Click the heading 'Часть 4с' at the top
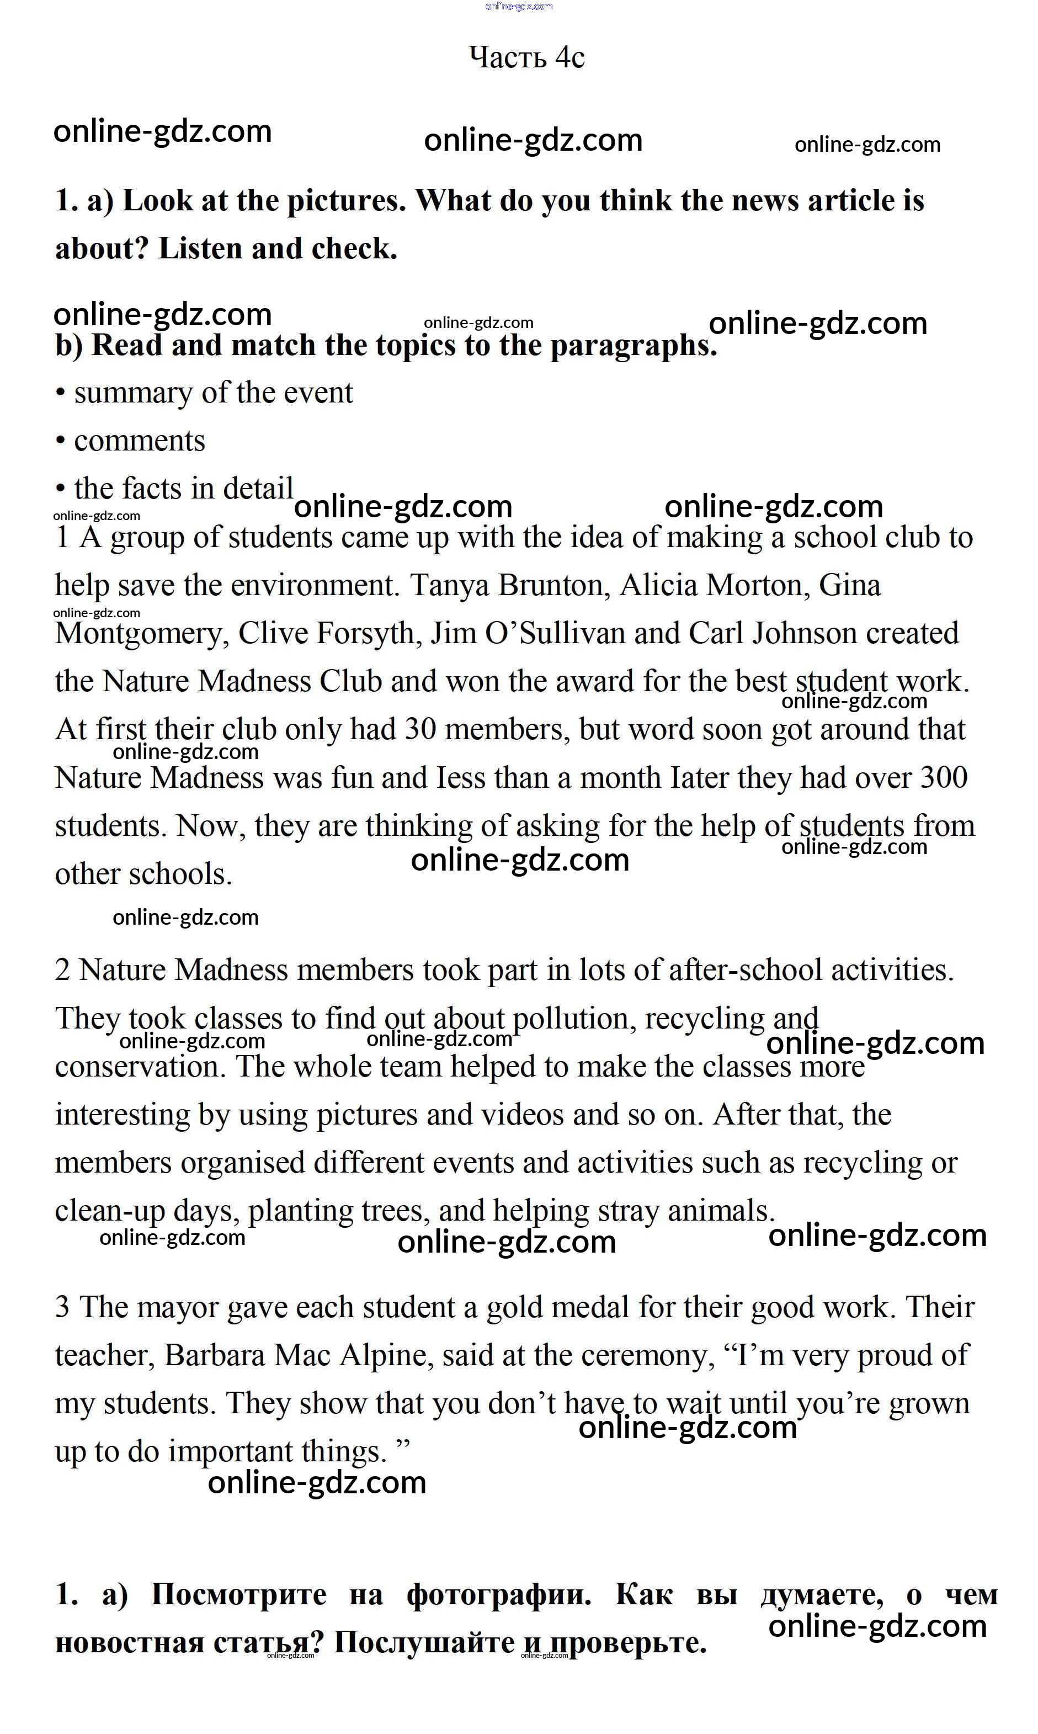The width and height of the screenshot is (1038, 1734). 526,57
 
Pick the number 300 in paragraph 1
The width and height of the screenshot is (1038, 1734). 944,777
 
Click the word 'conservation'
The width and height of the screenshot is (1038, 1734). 140,1067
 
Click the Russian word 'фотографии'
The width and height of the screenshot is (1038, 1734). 498,1595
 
